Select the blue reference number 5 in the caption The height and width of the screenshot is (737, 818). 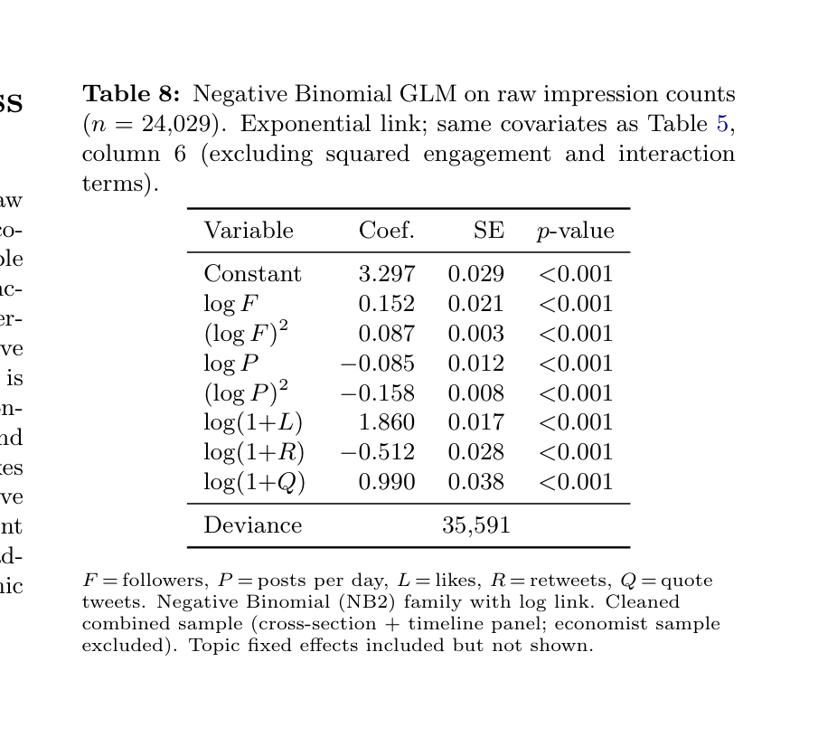click(x=722, y=124)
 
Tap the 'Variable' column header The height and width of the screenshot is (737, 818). click(x=249, y=231)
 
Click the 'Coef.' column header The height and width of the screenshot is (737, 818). click(x=387, y=231)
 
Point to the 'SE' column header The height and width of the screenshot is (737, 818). click(x=489, y=231)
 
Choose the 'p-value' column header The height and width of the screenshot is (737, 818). click(x=575, y=231)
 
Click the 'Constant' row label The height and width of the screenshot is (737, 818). click(x=253, y=274)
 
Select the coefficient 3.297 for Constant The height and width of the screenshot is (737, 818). click(x=387, y=274)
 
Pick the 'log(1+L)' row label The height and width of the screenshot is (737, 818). click(x=253, y=423)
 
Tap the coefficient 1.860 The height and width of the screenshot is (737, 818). click(x=387, y=423)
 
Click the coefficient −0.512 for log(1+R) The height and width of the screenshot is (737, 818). click(x=377, y=453)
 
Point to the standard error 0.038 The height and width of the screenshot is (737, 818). click(x=476, y=483)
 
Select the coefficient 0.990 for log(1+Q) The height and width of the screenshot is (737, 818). click(x=387, y=483)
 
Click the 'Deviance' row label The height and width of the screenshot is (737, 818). click(x=253, y=525)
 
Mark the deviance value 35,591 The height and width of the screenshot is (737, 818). click(x=476, y=525)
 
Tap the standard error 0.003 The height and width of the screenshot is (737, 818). click(x=476, y=334)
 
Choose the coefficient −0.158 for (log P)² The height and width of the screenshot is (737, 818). click(x=377, y=393)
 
